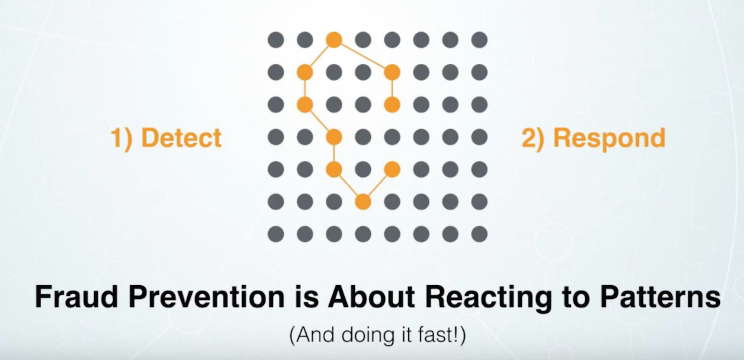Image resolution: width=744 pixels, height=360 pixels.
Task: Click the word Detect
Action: [181, 138]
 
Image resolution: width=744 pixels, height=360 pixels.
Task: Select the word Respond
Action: [609, 138]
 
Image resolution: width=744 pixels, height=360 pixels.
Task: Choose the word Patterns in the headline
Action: [660, 296]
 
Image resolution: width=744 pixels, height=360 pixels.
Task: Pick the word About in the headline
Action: [371, 296]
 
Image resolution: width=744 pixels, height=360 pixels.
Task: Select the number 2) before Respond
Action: [533, 138]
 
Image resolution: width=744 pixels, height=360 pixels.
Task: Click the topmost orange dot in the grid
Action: [334, 40]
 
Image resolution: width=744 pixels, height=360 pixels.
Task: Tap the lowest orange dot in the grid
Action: [363, 202]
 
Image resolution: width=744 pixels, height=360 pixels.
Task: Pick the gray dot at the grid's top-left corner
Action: [276, 40]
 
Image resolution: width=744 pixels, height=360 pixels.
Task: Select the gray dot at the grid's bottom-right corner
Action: [479, 234]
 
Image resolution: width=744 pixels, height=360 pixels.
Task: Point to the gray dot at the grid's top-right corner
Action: [479, 40]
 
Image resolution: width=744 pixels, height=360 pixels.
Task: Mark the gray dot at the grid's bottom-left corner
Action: [276, 234]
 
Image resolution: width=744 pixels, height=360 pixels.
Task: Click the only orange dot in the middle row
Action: [334, 137]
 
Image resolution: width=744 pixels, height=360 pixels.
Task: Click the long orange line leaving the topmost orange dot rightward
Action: [363, 56]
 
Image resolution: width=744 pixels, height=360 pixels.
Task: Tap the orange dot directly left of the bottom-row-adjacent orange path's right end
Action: [334, 169]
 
